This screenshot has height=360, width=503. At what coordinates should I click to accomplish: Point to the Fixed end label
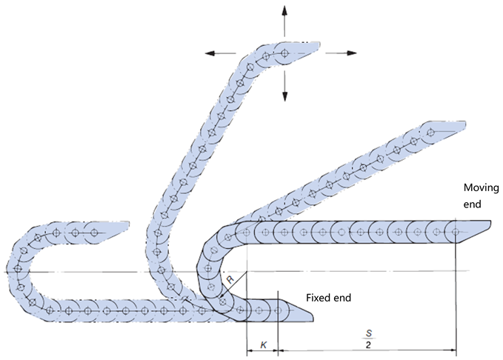pyautogui.click(x=329, y=297)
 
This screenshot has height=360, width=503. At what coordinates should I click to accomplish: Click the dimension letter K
pyautogui.click(x=262, y=345)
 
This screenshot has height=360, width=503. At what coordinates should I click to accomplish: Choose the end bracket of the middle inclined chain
pyautogui.click(x=448, y=130)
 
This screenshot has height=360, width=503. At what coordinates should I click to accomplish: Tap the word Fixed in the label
pyautogui.click(x=317, y=297)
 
